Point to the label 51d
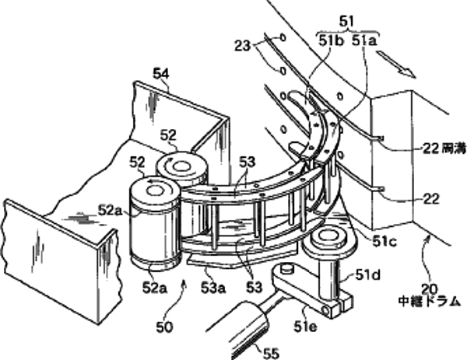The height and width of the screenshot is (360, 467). [x=368, y=275]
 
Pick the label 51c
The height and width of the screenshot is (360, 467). [x=377, y=242]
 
